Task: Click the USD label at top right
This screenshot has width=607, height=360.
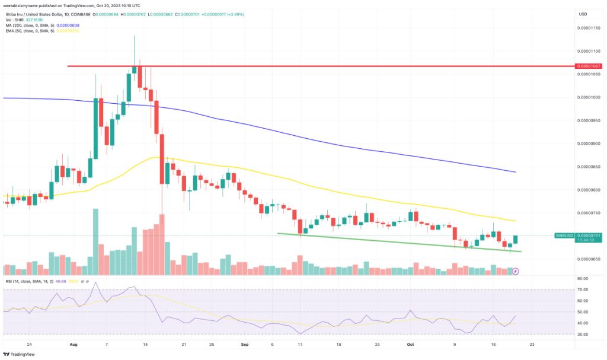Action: (583, 14)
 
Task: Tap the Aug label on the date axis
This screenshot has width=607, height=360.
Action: (73, 343)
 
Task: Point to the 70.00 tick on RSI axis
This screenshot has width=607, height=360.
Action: (583, 289)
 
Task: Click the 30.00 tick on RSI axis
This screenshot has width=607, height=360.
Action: (583, 334)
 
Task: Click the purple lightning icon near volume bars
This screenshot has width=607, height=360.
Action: (515, 271)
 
